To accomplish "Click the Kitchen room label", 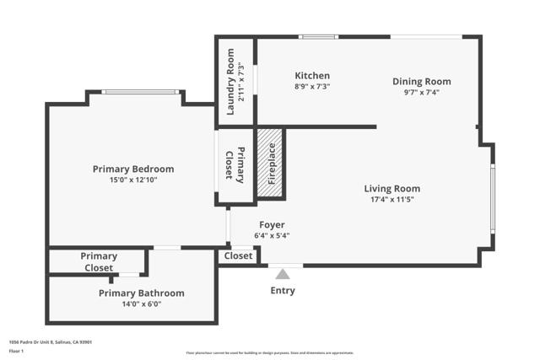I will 312,76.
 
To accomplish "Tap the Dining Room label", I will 422,82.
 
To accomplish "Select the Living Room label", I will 391,189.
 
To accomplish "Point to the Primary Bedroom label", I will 133,169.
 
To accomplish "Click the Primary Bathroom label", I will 141,293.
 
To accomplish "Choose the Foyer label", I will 271,225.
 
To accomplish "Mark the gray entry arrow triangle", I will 283,273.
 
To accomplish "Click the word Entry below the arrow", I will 283,291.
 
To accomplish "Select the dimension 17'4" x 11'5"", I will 391,200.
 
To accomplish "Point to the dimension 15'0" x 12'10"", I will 133,180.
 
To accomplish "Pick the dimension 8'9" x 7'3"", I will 312,87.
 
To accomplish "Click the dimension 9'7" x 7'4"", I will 422,93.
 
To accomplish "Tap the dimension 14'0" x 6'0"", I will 141,304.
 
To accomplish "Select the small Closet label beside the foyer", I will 238,255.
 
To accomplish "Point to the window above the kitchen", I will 319,36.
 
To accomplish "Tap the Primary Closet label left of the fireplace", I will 235,164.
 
